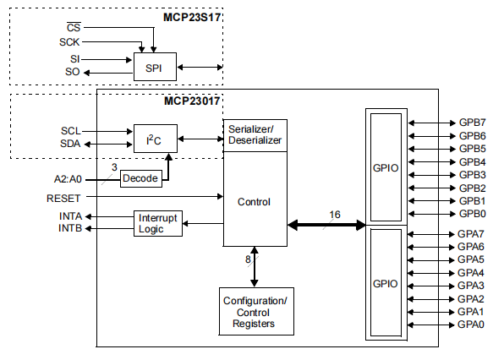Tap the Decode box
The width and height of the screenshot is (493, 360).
tap(140, 178)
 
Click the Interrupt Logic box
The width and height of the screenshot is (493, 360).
tap(158, 223)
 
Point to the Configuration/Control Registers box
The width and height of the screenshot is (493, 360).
tap(255, 312)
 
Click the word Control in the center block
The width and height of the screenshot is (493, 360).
tap(255, 202)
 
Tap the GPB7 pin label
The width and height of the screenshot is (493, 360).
tap(471, 123)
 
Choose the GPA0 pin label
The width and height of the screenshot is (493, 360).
tap(471, 325)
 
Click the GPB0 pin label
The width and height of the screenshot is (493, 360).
tap(471, 214)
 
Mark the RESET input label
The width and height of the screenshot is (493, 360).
tap(63, 198)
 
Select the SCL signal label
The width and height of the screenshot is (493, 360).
tap(71, 131)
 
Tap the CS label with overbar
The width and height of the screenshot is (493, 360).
tap(74, 27)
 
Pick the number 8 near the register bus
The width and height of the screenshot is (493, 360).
tap(248, 259)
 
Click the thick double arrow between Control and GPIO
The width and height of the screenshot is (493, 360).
tap(326, 226)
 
